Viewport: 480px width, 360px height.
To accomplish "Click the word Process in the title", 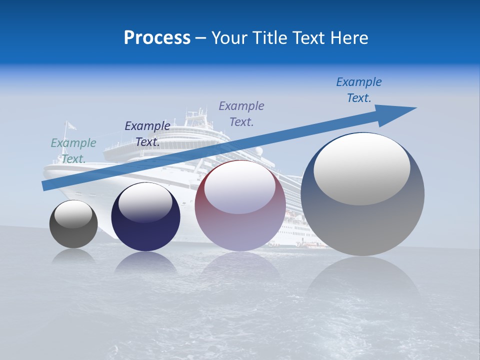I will coord(157,38).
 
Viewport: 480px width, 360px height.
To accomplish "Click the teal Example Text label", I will coord(73,150).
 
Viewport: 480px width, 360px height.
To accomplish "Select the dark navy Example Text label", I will coord(147,133).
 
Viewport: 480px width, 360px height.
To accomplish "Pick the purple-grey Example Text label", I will coord(241,113).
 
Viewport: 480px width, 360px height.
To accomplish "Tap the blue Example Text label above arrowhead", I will coord(359,89).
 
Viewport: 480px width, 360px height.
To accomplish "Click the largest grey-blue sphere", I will coord(362,220).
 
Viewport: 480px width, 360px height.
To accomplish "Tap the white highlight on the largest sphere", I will coord(362,167).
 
